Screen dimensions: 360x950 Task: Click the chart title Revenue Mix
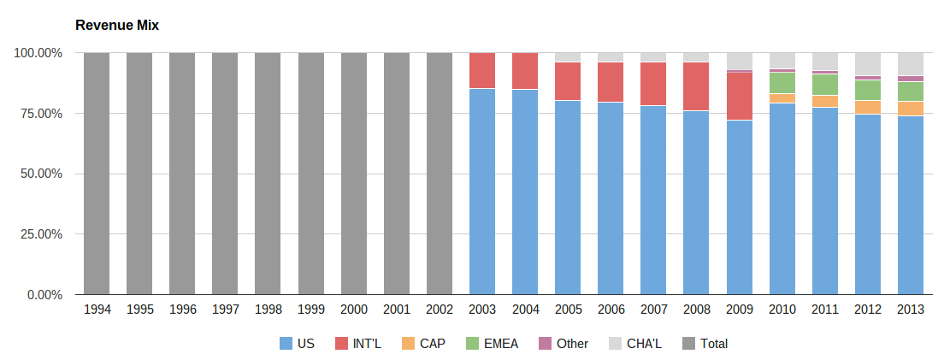pyautogui.click(x=117, y=26)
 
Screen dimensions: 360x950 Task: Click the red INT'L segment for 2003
pyautogui.click(x=482, y=70)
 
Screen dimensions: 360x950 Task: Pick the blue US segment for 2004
pyautogui.click(x=525, y=192)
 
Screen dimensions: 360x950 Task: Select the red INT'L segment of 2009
pyautogui.click(x=740, y=96)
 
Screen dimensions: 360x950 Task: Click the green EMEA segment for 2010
pyautogui.click(x=782, y=83)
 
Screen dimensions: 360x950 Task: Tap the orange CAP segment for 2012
pyautogui.click(x=868, y=107)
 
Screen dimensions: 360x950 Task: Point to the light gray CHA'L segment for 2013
pyautogui.click(x=911, y=64)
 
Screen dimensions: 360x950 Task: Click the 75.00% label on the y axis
pyautogui.click(x=38, y=114)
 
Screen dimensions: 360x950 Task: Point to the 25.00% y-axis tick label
pyautogui.click(x=38, y=234)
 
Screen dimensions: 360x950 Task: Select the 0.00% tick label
pyautogui.click(x=41, y=295)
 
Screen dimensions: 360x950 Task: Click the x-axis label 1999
pyautogui.click(x=311, y=310)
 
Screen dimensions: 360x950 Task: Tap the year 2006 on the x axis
pyautogui.click(x=611, y=310)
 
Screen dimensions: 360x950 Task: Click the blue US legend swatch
pyautogui.click(x=286, y=344)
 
